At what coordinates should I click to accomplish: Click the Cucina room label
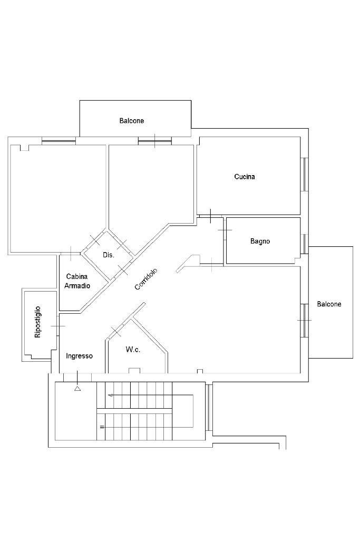click(x=245, y=177)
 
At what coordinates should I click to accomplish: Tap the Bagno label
click(x=260, y=241)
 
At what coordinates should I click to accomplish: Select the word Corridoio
click(x=146, y=278)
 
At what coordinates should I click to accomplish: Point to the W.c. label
click(x=133, y=350)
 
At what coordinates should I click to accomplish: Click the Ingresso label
click(x=79, y=356)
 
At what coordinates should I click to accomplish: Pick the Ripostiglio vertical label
click(x=37, y=322)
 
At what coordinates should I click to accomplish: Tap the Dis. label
click(x=109, y=255)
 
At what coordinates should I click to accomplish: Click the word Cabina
click(x=77, y=276)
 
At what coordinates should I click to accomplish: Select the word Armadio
click(x=77, y=285)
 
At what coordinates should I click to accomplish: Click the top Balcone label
click(x=131, y=121)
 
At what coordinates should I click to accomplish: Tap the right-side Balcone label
click(x=329, y=304)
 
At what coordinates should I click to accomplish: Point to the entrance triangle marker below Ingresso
click(x=77, y=389)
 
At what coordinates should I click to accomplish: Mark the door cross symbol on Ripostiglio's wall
click(x=57, y=327)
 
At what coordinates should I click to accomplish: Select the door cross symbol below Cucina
click(x=210, y=216)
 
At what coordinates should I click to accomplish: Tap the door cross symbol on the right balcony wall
click(x=304, y=320)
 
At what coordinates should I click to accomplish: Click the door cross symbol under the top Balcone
click(x=154, y=141)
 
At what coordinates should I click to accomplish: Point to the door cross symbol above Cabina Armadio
click(x=71, y=253)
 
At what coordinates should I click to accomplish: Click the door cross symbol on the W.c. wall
click(x=116, y=332)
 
